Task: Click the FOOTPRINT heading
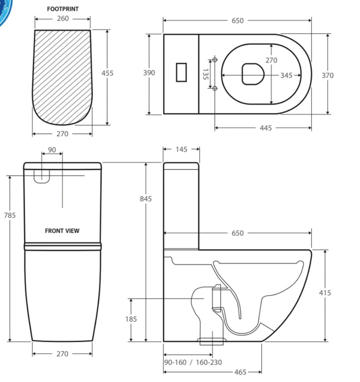click(x=63, y=9)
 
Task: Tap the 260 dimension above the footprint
click(x=63, y=19)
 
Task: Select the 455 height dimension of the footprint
click(x=107, y=73)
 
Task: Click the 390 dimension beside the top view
click(x=149, y=73)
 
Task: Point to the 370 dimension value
click(x=327, y=75)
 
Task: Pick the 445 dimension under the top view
click(x=265, y=128)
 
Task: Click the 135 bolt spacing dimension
click(x=205, y=74)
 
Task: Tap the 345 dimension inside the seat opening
click(x=286, y=75)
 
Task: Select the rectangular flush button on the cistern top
click(x=181, y=73)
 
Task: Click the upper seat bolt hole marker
click(x=215, y=59)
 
